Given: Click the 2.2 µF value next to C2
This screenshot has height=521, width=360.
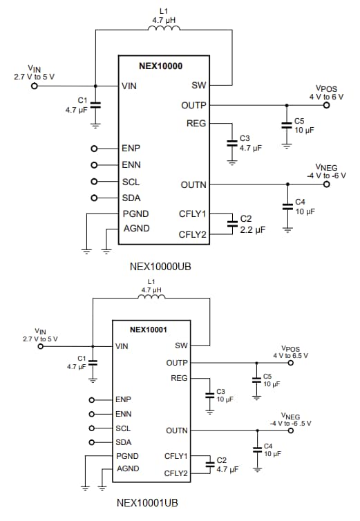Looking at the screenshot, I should tap(252, 230).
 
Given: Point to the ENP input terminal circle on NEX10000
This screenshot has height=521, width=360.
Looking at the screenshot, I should tap(94, 149).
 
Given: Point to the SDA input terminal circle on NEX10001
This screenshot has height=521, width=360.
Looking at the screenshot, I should tap(92, 442).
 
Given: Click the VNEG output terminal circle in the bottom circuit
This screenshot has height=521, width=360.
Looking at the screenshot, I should tap(291, 430).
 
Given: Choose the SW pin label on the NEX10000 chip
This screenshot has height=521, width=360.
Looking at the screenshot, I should tap(198, 86).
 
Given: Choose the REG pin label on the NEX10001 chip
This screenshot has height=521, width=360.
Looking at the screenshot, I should tap(179, 378).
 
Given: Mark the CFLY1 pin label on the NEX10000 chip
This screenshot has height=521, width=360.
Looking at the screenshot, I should tap(193, 214).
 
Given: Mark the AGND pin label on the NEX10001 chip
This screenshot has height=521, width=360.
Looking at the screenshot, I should tap(129, 468).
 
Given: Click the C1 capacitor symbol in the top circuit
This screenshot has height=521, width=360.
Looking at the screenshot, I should tap(95, 105).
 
